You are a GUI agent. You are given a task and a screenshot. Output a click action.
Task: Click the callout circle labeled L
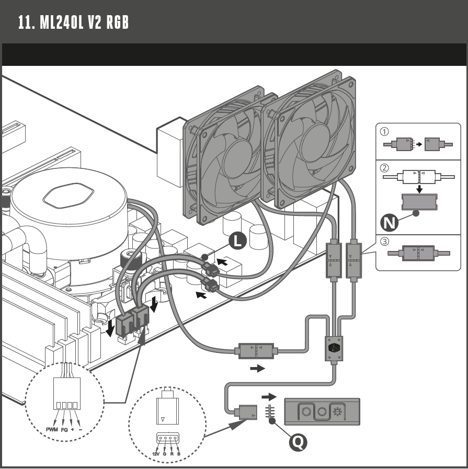coord(237,241)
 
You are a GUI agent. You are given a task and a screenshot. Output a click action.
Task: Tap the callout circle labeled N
coord(390,223)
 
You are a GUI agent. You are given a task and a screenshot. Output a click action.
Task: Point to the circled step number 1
coord(384,132)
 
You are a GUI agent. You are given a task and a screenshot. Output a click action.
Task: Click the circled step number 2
coord(384,168)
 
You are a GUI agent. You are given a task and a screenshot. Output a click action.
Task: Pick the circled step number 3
coord(384,242)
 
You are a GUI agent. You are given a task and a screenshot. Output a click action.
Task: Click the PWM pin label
coord(52,429)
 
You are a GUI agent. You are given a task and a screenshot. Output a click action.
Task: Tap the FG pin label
coord(64,429)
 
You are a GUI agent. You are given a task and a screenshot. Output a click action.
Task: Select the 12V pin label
coord(156,454)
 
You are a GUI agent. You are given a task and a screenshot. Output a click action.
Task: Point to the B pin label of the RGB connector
coord(178,454)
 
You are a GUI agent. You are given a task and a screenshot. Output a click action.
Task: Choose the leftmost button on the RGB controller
coord(306,412)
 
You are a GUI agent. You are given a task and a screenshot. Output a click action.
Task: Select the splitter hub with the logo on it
coord(333,348)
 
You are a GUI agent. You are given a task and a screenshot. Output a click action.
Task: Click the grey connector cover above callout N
coord(419,202)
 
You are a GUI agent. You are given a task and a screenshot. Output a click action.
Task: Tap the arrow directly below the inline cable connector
coord(257,369)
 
